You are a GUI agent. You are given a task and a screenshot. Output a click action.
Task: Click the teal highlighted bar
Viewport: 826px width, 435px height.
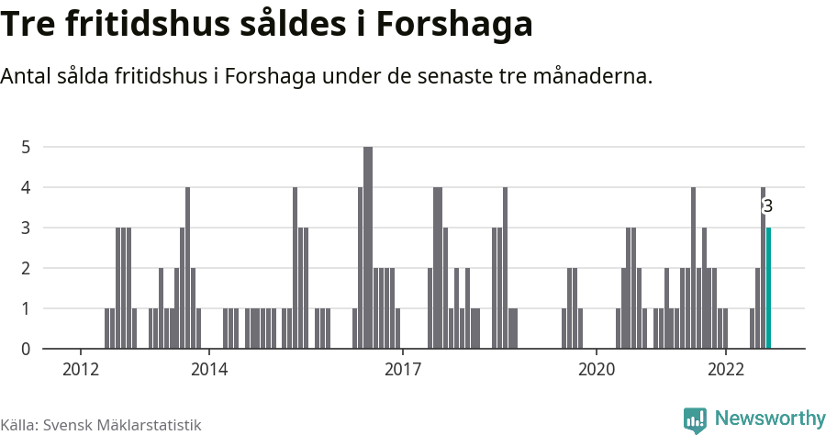click(769, 288)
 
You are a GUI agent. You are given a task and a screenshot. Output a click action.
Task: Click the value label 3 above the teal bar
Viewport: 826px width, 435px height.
click(768, 206)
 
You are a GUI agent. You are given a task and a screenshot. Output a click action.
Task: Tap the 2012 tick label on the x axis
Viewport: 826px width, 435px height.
click(80, 369)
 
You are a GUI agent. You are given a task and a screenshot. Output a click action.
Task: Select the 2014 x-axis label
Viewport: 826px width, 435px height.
click(209, 369)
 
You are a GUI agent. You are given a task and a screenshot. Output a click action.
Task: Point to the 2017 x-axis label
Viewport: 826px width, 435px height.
click(402, 369)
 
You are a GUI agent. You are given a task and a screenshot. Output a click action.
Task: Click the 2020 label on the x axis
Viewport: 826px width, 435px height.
click(596, 369)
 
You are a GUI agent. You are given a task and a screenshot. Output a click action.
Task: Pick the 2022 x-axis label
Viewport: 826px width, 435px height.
click(725, 369)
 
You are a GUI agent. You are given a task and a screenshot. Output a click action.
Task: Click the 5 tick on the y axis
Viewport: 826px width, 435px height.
click(27, 147)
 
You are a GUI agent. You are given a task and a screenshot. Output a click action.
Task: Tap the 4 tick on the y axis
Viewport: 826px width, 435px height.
click(27, 187)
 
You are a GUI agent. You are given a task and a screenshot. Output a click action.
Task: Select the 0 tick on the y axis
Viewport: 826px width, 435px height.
click(27, 349)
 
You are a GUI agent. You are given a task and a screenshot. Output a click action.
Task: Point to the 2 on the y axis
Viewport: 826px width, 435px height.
click(27, 268)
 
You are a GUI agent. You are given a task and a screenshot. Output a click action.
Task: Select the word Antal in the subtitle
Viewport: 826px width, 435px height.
click(28, 76)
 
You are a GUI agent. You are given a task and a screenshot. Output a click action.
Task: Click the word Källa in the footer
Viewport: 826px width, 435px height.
click(18, 425)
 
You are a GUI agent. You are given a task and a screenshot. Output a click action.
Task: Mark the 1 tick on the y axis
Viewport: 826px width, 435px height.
click(27, 308)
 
